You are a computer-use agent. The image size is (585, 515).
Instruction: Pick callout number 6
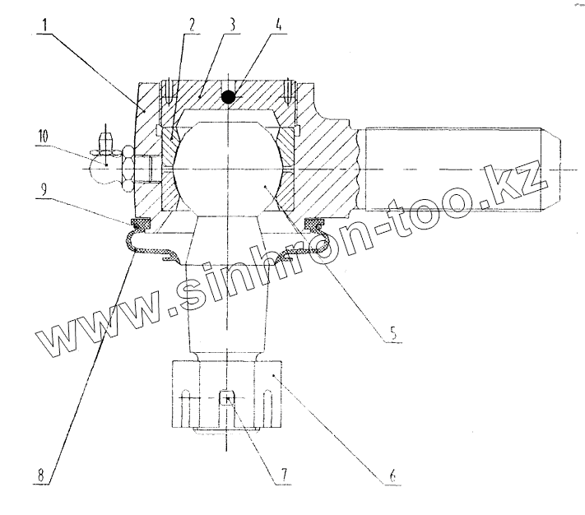[392, 476]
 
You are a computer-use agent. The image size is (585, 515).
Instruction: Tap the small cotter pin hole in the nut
[228, 399]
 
